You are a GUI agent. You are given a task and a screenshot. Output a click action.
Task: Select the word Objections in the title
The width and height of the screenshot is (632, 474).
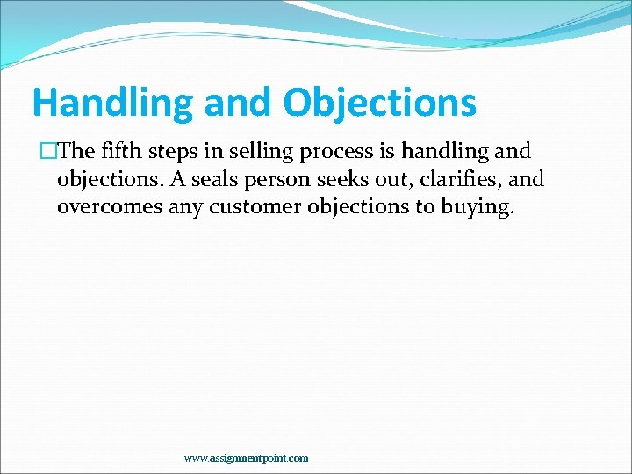(x=379, y=104)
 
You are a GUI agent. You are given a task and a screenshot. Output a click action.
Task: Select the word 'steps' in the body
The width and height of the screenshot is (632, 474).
(x=170, y=151)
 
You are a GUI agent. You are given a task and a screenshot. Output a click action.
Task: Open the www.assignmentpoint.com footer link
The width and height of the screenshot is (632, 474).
(x=246, y=458)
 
